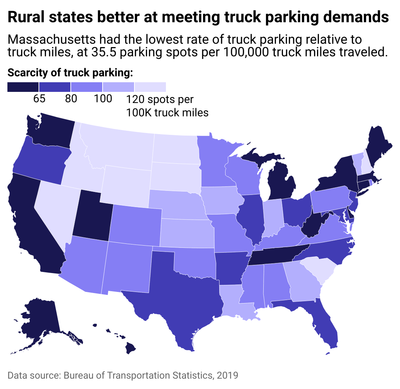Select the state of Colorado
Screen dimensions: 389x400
(x=135, y=226)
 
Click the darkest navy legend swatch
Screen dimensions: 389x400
(x=23, y=87)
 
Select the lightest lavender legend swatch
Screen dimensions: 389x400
(x=150, y=87)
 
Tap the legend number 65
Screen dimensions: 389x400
(x=39, y=99)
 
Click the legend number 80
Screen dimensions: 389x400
(x=71, y=99)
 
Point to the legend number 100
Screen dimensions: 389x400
(x=103, y=99)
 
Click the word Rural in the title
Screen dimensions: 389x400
(x=27, y=17)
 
